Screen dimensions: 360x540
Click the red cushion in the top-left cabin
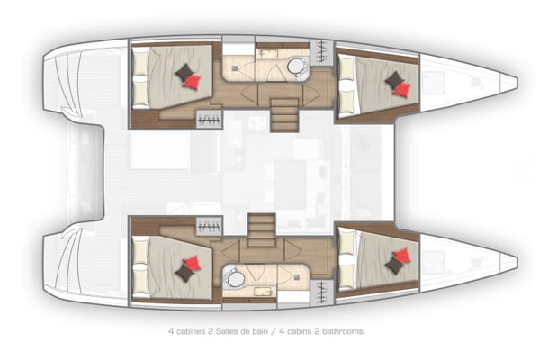[x=192, y=81]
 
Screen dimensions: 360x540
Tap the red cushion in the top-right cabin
[x=402, y=89]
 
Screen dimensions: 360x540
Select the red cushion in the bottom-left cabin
[x=192, y=264]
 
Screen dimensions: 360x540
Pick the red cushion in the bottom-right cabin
[x=402, y=256]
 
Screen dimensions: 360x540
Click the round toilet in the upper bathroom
[x=296, y=68]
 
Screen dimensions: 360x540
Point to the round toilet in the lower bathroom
[x=235, y=279]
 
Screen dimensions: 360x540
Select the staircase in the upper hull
[x=283, y=115]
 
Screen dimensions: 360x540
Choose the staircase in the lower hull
[x=261, y=229]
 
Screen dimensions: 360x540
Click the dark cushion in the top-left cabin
[x=184, y=72]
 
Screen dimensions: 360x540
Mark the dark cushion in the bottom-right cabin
[x=394, y=265]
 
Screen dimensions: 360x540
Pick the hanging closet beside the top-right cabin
[x=321, y=52]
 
